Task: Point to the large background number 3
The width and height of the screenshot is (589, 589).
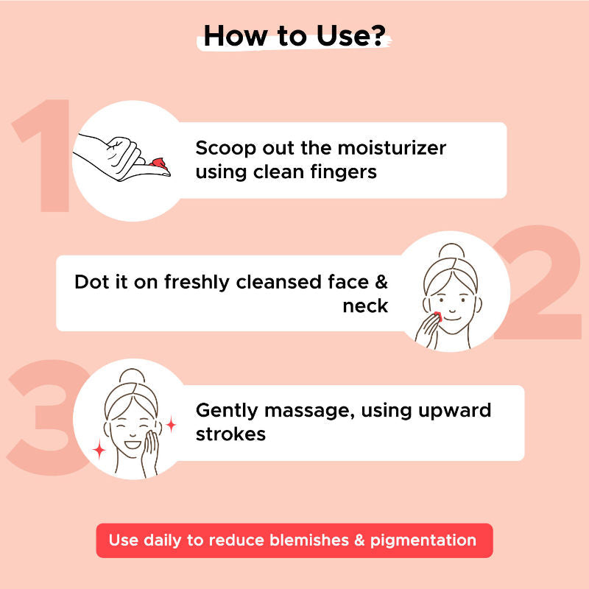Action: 45,417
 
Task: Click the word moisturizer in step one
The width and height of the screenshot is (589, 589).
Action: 392,148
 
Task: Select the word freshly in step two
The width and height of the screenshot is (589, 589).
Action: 197,283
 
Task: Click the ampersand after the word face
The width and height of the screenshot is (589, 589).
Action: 381,282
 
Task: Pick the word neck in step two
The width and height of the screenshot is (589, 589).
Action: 365,306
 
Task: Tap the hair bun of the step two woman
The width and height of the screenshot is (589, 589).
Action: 452,251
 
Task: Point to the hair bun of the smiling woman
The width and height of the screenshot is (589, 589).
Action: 132,376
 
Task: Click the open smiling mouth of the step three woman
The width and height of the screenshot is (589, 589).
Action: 133,445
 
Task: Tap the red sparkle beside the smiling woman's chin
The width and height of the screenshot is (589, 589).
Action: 99,450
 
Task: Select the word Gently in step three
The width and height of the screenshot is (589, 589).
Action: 227,411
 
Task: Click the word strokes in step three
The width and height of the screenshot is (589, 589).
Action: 230,434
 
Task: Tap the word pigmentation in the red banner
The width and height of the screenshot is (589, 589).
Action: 423,541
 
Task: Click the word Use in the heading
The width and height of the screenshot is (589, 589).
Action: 341,36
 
